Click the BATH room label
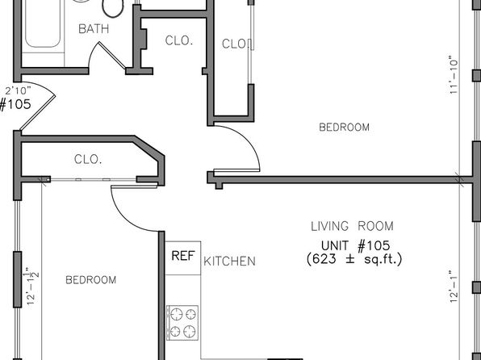[x=94, y=29]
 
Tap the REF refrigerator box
[x=183, y=258]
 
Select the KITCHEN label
[x=229, y=262]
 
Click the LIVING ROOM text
[x=352, y=226]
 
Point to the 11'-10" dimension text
[x=454, y=74]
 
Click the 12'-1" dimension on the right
[x=454, y=287]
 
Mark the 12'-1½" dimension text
[x=33, y=286]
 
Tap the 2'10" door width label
[x=18, y=90]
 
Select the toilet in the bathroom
[x=112, y=8]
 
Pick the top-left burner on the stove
[x=177, y=314]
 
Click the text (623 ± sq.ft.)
[x=354, y=259]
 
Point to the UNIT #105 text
[x=356, y=245]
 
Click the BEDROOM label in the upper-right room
[x=344, y=127]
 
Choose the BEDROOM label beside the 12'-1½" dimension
[x=91, y=280]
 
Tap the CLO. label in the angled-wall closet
[x=88, y=159]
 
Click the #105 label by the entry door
[x=15, y=104]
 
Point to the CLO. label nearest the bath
[x=179, y=40]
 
